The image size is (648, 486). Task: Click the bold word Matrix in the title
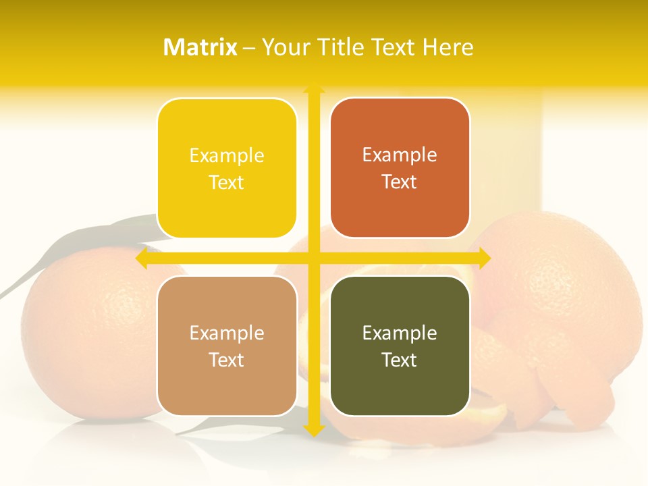point(200,47)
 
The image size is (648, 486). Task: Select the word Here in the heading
point(448,47)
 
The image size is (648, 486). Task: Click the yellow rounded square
point(227,168)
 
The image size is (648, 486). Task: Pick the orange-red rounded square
point(400,168)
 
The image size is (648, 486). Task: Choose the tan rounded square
point(227,346)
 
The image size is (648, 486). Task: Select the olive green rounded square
point(400,346)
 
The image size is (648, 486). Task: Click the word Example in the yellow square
point(227,156)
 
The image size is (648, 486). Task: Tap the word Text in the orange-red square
point(399,182)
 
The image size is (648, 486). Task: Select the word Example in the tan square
point(227,333)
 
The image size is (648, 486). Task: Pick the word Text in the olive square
point(399,360)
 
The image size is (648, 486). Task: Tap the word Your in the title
point(283,47)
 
